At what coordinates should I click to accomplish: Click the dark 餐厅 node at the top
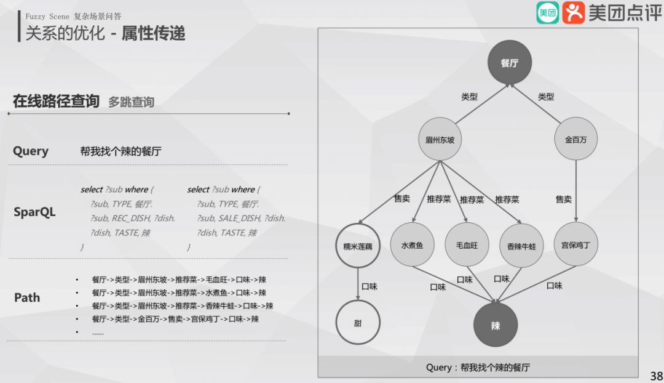pos(509,63)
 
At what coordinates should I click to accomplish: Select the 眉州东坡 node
pos(440,140)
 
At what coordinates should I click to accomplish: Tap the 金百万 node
pos(576,140)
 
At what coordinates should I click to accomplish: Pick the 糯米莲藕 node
pos(358,246)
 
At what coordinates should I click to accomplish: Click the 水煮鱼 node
pos(413,245)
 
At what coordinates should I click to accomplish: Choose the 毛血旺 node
pos(467,245)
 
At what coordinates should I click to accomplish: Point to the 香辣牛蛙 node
pos(521,246)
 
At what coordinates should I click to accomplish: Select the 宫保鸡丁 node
pos(575,245)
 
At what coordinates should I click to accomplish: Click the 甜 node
pos(358,323)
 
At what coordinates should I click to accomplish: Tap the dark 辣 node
pos(496,325)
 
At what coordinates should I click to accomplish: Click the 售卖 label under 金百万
pos(564,199)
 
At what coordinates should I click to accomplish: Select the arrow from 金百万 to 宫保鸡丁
pos(576,191)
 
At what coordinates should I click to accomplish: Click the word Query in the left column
pos(31,151)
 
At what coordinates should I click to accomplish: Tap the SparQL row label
pos(34,212)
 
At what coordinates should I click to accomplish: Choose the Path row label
pos(27,297)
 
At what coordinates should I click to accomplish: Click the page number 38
pos(656,376)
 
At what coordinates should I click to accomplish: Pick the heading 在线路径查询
pos(56,101)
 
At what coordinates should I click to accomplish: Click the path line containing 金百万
pos(175,319)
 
